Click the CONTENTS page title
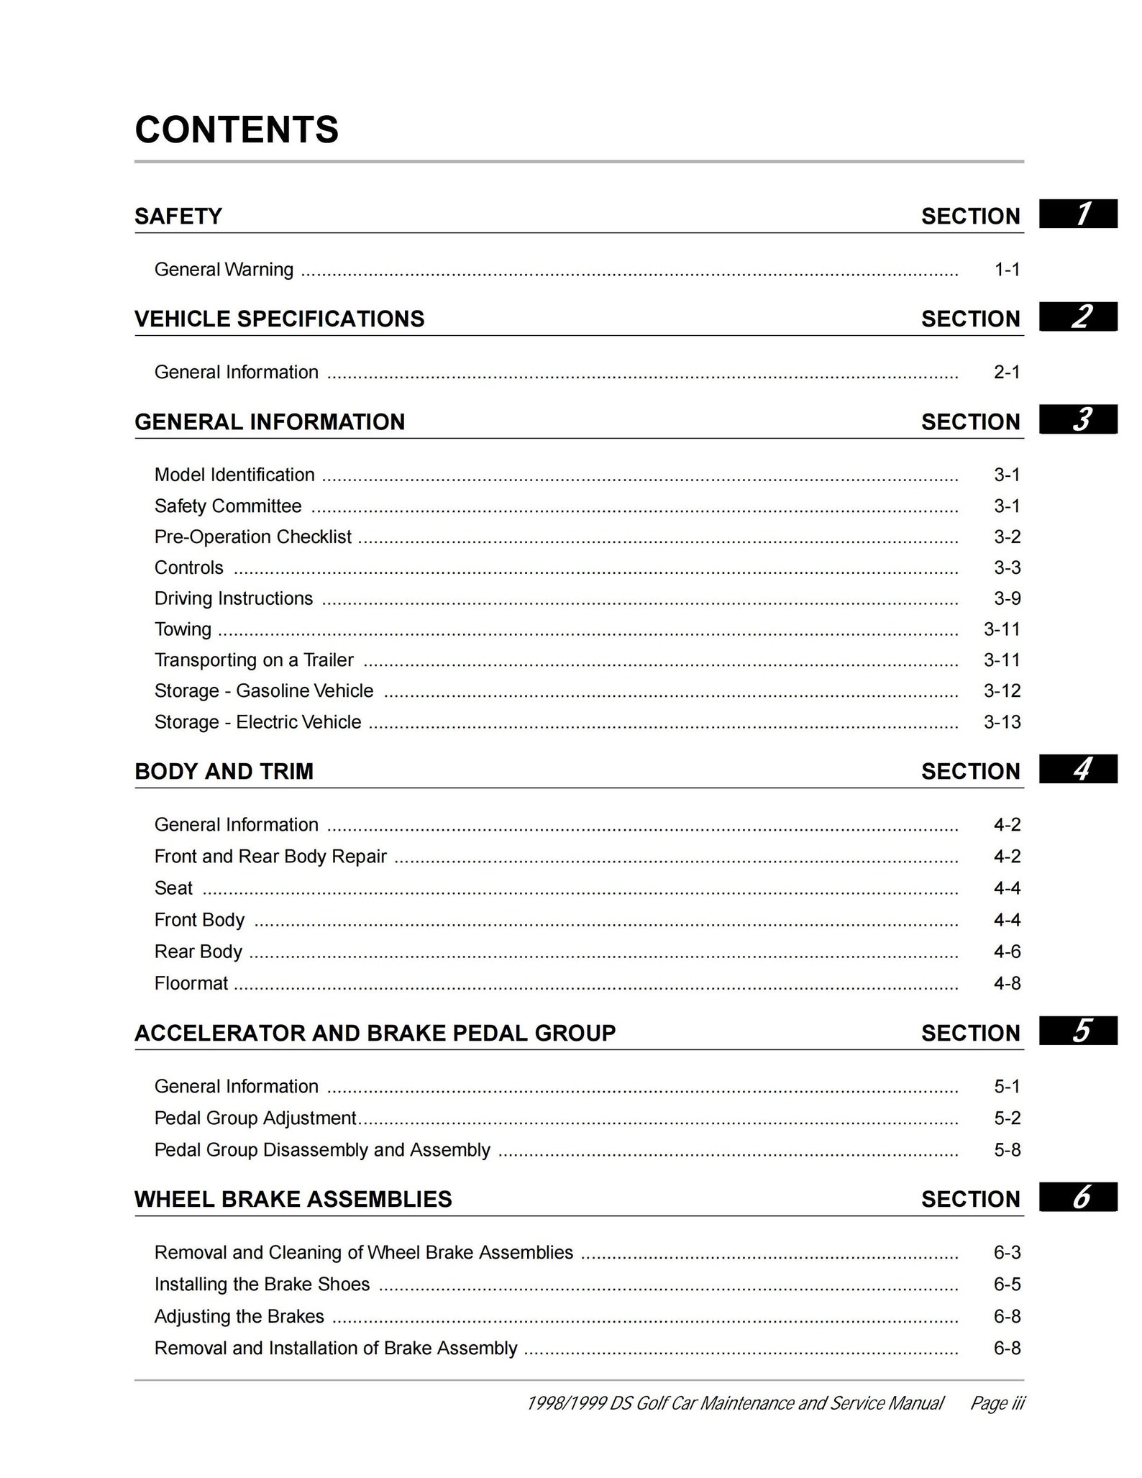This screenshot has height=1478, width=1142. point(236,130)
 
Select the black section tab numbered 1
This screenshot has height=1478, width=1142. point(1077,214)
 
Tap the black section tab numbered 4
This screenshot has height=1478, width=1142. point(1077,770)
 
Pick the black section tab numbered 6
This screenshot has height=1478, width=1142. point(1077,1198)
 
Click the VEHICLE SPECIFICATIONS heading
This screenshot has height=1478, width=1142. point(279,319)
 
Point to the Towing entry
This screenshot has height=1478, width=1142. point(183,629)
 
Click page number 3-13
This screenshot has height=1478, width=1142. point(1002,722)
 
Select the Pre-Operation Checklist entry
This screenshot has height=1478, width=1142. point(252,537)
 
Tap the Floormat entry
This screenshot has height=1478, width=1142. point(191,983)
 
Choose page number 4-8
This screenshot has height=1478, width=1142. point(1007,983)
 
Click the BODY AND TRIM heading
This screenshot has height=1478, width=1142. point(224,772)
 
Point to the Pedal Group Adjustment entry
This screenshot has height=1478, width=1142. point(255,1118)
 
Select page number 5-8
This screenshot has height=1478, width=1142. point(1007,1149)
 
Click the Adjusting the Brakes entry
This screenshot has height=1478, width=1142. point(239,1316)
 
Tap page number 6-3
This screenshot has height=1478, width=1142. point(1007,1252)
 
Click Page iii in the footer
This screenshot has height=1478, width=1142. point(997,1403)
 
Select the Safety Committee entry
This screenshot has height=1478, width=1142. point(227,506)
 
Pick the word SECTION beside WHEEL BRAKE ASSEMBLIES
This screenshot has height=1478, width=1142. point(970,1200)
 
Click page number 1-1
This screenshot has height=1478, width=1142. point(1007,270)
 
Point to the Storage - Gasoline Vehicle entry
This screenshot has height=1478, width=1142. point(263,691)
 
